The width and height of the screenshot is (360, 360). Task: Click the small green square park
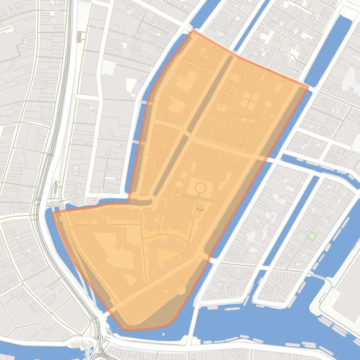pos(312,236)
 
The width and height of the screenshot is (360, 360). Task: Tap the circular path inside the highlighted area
pos(200,188)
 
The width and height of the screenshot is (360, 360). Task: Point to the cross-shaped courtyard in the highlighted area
pos(249,100)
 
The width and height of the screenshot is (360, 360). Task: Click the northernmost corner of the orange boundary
pos(192,30)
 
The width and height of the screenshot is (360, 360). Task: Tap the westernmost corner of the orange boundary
pos(53,212)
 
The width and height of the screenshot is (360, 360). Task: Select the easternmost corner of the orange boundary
pos(308,87)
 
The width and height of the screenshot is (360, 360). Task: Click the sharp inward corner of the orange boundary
pos(129,202)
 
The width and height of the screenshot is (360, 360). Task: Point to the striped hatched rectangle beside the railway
pos(80,36)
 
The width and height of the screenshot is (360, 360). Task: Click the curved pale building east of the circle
pos(227,180)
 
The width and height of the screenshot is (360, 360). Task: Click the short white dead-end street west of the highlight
pos(87,97)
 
